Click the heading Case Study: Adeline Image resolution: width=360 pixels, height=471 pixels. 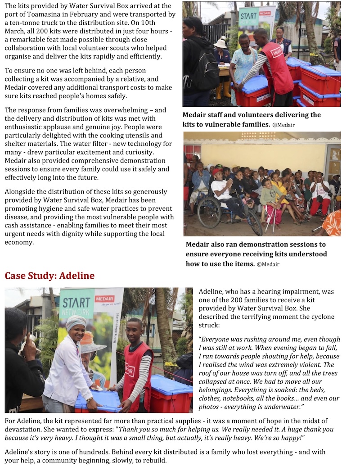[x=49, y=276]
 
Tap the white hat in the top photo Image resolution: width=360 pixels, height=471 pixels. [x=220, y=43]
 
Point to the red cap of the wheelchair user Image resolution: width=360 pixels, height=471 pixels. [x=218, y=172]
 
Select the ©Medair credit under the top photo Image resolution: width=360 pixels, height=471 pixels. [x=283, y=124]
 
